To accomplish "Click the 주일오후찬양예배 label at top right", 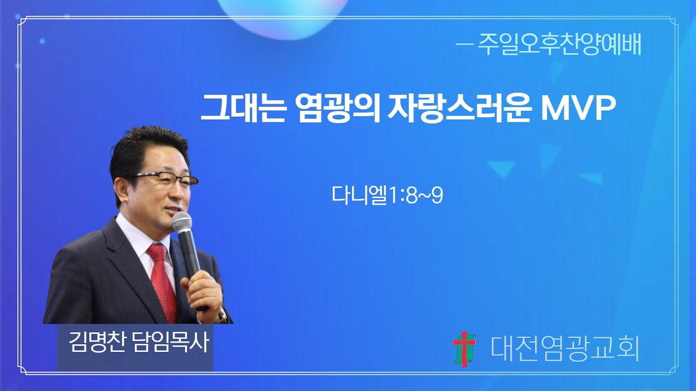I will [560, 46].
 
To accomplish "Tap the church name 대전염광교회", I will [564, 348].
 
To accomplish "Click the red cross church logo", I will [464, 348].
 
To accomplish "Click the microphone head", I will [182, 223].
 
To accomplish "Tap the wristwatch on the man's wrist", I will [222, 315].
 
